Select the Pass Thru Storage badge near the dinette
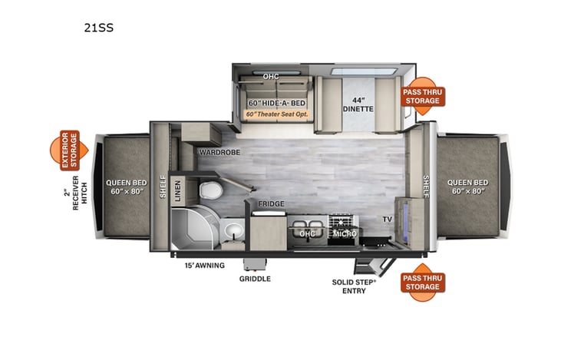423,96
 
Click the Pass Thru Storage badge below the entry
423,282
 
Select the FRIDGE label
270,203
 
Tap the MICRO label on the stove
342,233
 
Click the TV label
388,220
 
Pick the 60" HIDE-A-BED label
276,102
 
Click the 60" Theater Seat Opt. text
276,114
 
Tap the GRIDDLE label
255,279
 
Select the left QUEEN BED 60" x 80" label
125,187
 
